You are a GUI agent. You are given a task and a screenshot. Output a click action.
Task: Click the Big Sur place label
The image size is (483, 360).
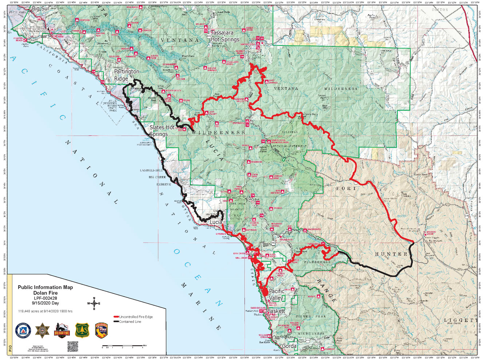coord(40,8)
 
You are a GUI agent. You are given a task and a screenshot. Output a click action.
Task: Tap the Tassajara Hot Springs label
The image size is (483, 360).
coord(225,36)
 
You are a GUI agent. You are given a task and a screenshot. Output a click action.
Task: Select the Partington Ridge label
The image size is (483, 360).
coord(126,75)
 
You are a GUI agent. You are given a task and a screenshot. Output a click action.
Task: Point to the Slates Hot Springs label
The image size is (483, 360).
coord(161,131)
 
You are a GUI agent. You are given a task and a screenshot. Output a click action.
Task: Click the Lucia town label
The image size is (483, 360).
coord(216,222)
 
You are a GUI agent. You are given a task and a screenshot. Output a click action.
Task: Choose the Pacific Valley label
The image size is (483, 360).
coord(276,295)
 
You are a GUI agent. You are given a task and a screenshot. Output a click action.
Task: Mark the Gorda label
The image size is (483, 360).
coord(289,346)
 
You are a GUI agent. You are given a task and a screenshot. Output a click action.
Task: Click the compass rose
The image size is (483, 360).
coord(94,303)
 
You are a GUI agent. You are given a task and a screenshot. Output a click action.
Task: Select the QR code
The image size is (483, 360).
coord(73,347)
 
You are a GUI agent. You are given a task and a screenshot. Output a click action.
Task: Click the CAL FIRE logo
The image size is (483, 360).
coord(101,330)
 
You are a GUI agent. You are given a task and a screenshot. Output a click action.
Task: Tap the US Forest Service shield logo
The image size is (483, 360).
coord(82,330)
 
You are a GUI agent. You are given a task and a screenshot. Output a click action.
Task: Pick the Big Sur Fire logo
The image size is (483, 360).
coord(62,330)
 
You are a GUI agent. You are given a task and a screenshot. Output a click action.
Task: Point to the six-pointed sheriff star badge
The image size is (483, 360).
coord(43,330)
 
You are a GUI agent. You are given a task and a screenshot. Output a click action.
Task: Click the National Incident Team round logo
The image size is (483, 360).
coord(23,330)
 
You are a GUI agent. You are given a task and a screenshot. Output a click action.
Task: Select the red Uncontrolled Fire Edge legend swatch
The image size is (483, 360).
coord(116,317)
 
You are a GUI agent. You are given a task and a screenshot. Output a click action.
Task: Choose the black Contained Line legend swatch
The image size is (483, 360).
coord(116,321)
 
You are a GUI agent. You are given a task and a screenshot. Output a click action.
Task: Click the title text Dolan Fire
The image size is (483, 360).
coord(45,293)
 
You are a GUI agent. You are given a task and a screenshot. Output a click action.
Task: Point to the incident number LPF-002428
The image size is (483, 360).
coord(45,298)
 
